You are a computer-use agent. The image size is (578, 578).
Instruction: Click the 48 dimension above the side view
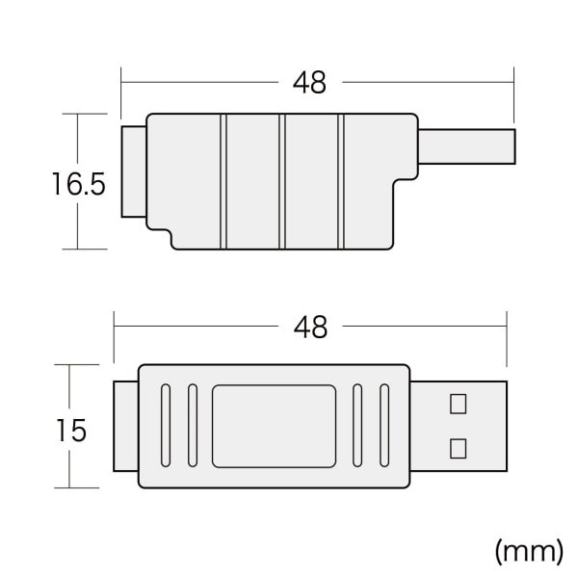click(x=309, y=83)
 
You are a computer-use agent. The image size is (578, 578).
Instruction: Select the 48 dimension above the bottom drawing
click(x=309, y=328)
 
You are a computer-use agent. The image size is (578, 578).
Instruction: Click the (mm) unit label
click(x=528, y=550)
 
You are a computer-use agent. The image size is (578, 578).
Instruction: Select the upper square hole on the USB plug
click(x=459, y=403)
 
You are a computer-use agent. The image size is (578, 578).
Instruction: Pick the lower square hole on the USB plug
click(x=459, y=447)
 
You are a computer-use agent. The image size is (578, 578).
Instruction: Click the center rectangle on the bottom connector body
click(x=274, y=424)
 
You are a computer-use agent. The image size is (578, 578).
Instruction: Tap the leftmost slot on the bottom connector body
click(x=164, y=424)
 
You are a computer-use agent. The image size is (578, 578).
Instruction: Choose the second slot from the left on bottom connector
click(x=192, y=424)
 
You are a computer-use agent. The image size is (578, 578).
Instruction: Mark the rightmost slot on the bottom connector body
click(x=384, y=424)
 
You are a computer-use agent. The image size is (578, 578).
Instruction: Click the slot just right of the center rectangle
click(x=356, y=424)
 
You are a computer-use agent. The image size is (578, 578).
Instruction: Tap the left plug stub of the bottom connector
click(x=126, y=425)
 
